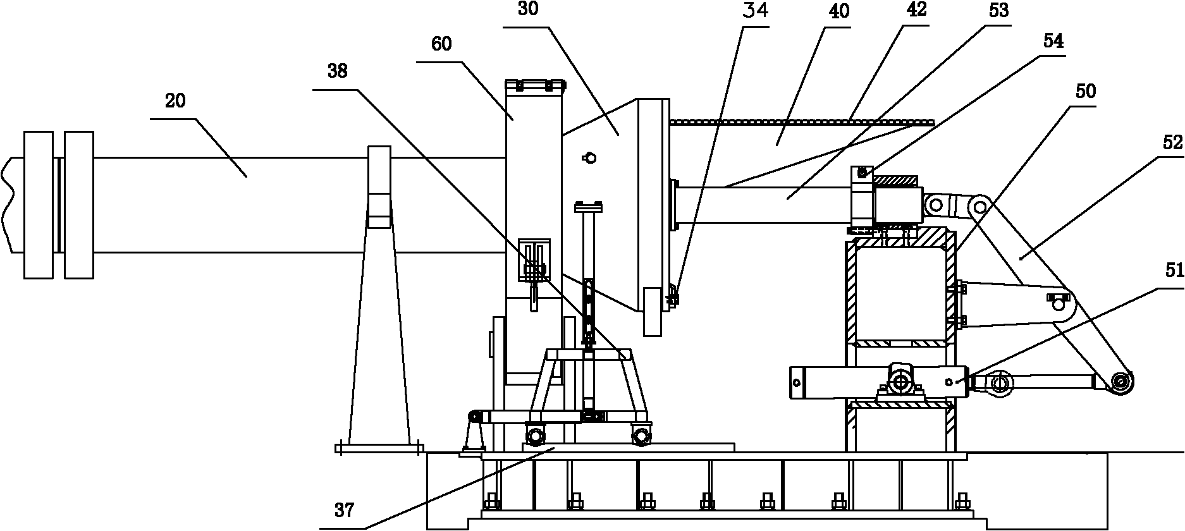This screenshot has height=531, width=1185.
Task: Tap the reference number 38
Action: [338, 72]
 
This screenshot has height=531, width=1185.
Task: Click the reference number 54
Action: [1053, 42]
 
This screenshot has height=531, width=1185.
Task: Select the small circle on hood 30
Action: [590, 158]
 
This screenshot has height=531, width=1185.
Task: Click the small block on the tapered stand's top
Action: [380, 186]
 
